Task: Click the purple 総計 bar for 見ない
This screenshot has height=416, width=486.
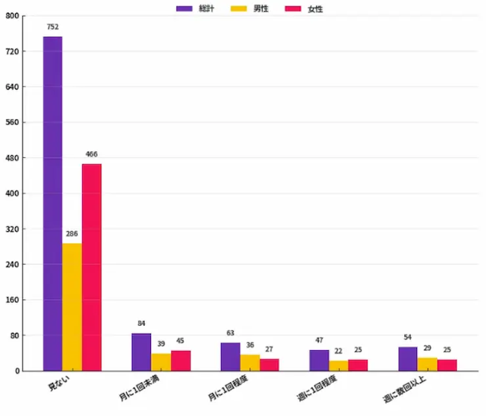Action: click(53, 204)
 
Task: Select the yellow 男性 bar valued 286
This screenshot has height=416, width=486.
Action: click(72, 307)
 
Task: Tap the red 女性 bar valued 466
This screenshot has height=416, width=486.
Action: click(92, 267)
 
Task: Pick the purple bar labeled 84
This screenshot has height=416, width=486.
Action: click(141, 352)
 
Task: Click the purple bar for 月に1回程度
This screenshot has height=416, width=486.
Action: click(230, 357)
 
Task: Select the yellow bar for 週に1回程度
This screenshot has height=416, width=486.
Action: click(339, 366)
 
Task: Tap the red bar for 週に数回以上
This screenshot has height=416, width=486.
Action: click(447, 365)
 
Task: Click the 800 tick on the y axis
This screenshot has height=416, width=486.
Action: click(12, 16)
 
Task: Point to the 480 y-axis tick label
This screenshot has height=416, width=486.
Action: click(12, 158)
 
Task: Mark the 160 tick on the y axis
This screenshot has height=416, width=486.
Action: click(12, 300)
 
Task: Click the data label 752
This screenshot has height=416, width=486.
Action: click(53, 27)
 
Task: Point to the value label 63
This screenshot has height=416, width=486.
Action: click(230, 333)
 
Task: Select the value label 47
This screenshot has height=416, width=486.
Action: click(319, 340)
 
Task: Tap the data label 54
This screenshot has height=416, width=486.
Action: click(408, 337)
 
